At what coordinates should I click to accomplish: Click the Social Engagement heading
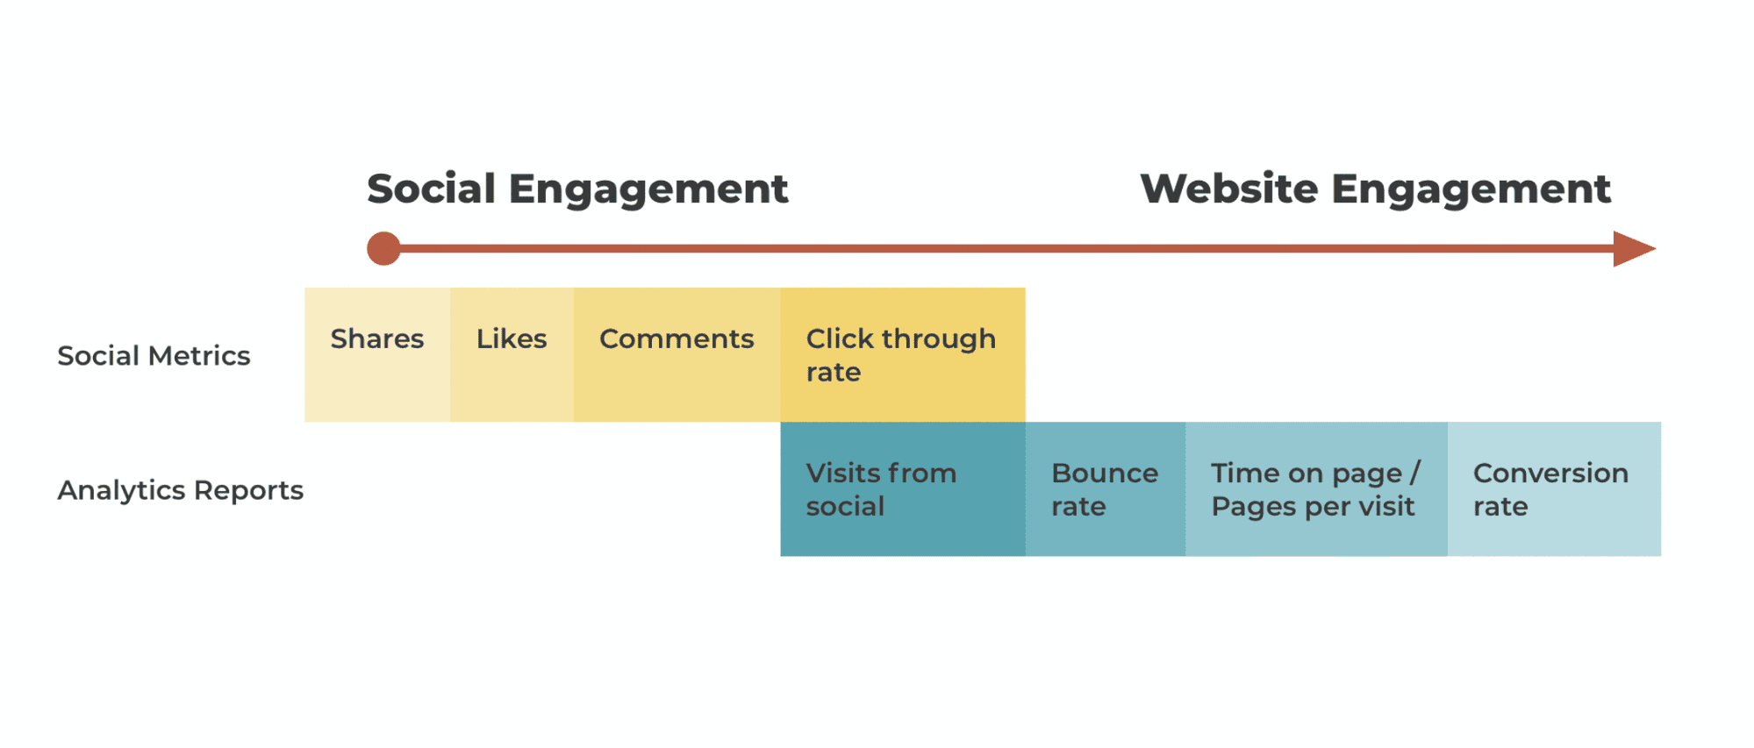(x=577, y=189)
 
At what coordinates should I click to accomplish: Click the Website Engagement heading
(x=1375, y=189)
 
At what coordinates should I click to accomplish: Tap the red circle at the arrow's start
(x=383, y=249)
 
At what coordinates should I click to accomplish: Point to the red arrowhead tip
(x=1655, y=249)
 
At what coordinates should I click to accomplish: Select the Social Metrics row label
(x=154, y=356)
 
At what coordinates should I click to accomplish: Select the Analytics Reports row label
(x=181, y=490)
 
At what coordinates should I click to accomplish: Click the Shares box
(x=377, y=355)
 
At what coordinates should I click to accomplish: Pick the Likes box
(x=512, y=355)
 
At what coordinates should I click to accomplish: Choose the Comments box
(x=677, y=355)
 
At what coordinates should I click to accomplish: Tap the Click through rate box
(x=903, y=355)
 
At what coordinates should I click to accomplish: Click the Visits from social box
(x=903, y=489)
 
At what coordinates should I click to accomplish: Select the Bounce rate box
(x=1106, y=489)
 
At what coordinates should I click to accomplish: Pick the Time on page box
(x=1316, y=489)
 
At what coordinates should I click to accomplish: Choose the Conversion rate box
(x=1554, y=489)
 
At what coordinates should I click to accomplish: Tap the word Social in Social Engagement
(x=432, y=189)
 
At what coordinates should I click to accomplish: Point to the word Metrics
(x=200, y=356)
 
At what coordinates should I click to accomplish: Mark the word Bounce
(x=1105, y=474)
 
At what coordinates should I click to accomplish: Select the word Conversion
(x=1550, y=474)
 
